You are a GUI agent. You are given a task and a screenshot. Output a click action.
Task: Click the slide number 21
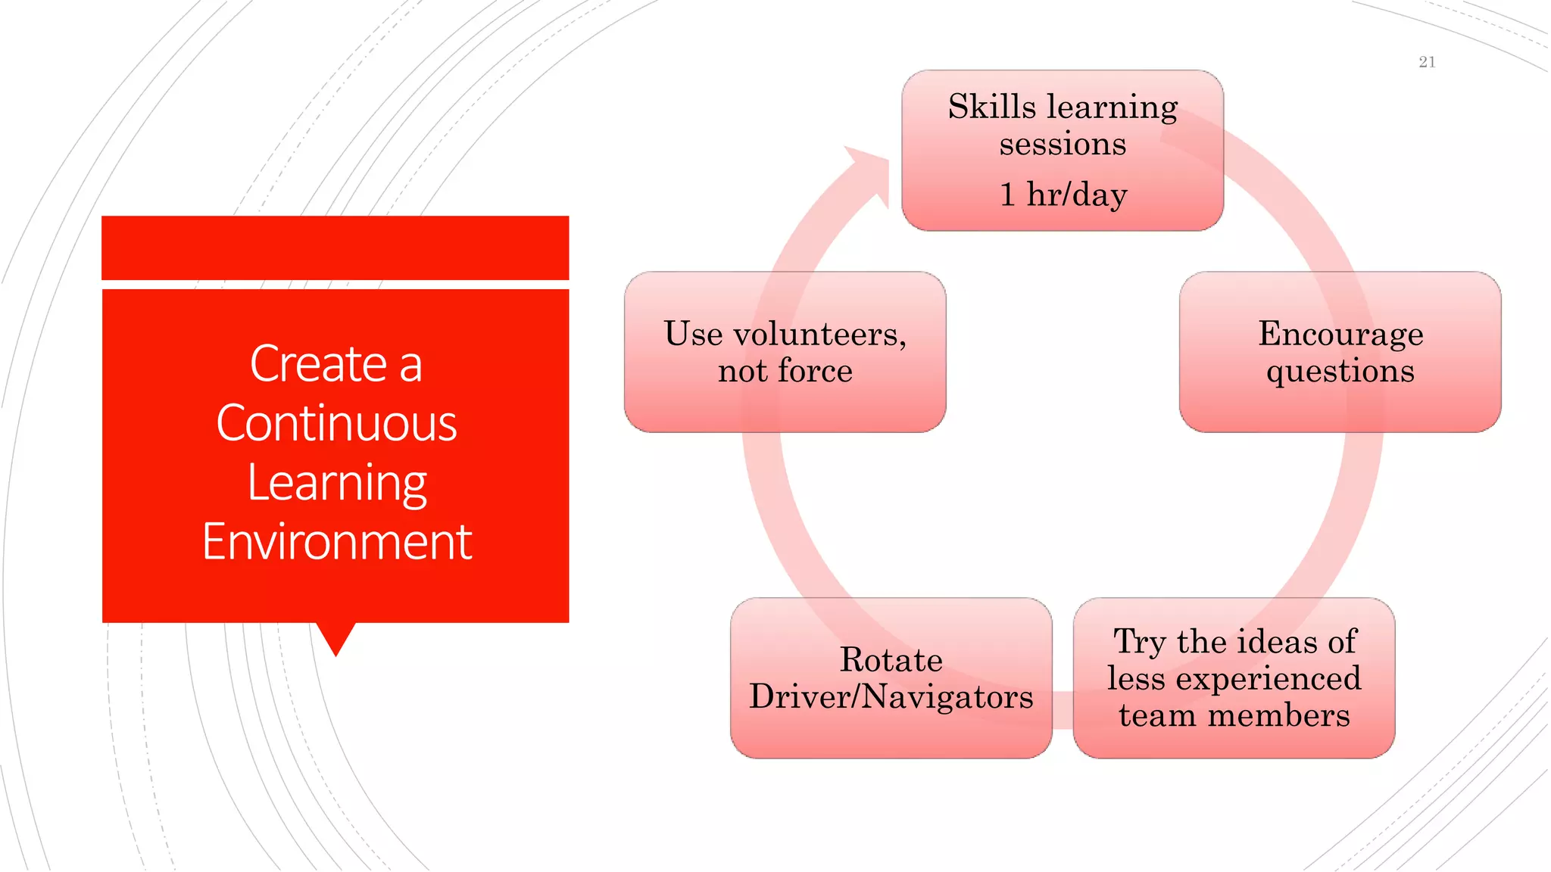tap(1427, 62)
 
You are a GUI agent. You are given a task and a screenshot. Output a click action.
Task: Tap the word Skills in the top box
tap(991, 107)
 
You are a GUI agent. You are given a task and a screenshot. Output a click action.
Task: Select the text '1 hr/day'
tap(1063, 195)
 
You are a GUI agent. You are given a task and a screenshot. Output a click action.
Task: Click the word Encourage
tap(1340, 335)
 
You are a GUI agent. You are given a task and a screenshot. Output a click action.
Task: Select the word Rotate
tap(891, 660)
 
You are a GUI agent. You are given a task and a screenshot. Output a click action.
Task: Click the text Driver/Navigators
tap(891, 697)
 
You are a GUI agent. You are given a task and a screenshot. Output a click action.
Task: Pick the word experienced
tap(1268, 679)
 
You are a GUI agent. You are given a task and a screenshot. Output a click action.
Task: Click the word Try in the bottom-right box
tap(1139, 642)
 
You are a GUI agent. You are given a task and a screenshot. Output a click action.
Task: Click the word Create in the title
tap(319, 364)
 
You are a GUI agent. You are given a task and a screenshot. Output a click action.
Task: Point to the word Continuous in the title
tap(336, 423)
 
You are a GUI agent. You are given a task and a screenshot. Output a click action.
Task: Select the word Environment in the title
tap(337, 542)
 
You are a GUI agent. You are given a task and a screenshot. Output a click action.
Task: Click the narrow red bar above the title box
tap(335, 248)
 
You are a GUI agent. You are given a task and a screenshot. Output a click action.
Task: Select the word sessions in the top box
tap(1063, 144)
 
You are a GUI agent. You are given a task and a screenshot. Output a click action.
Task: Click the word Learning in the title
tap(337, 483)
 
